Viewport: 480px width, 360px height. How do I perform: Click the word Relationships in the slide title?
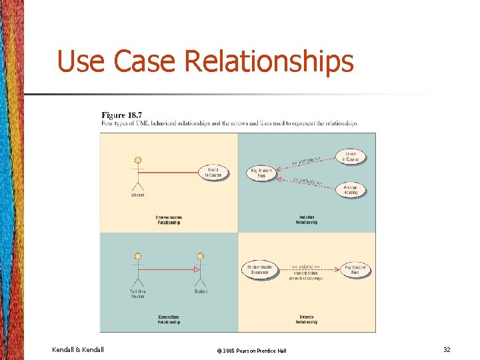point(269,61)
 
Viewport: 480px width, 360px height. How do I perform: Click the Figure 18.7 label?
point(121,115)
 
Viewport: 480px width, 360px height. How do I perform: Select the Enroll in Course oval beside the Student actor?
point(213,173)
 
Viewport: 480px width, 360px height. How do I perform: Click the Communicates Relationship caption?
point(169,220)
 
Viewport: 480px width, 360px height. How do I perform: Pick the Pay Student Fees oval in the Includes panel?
point(261,173)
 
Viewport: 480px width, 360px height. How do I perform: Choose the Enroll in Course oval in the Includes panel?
point(351,157)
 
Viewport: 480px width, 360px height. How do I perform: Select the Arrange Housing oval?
point(351,190)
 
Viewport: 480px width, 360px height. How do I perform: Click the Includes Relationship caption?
point(307,220)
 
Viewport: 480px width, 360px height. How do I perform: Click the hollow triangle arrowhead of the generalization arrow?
point(196,270)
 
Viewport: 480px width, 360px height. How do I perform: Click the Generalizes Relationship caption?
point(169,319)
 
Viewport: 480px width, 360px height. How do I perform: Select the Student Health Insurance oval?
point(258,270)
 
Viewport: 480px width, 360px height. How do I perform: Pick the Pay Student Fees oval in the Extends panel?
point(355,270)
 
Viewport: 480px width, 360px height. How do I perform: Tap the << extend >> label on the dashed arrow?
point(306,266)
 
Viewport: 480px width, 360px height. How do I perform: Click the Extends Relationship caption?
point(307,319)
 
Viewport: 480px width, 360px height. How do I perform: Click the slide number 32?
point(447,349)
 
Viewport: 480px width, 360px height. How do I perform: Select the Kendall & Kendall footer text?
point(77,349)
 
